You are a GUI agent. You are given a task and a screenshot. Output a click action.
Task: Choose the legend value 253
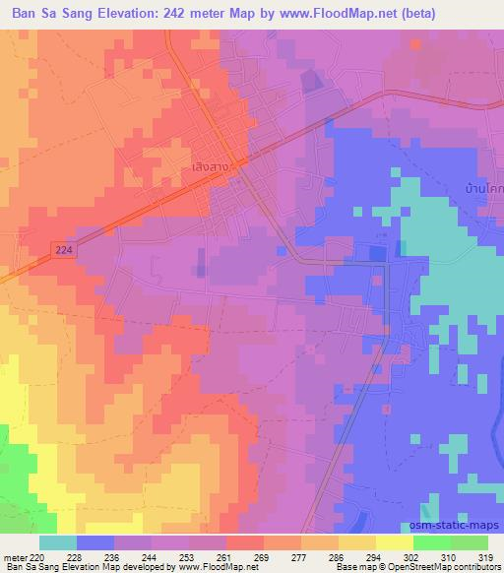click(x=189, y=556)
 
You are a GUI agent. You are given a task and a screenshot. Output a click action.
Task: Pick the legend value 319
click(x=488, y=556)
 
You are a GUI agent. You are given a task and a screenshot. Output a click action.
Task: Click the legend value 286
click(x=339, y=556)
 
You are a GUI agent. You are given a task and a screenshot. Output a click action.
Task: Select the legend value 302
click(x=413, y=556)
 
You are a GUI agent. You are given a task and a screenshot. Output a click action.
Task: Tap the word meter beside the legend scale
click(x=15, y=556)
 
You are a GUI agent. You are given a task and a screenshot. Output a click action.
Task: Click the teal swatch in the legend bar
click(x=57, y=542)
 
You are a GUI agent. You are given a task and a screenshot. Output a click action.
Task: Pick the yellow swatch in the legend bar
click(x=394, y=542)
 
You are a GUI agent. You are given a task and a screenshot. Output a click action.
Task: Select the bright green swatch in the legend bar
click(x=431, y=542)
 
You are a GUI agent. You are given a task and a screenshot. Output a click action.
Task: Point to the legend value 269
click(x=264, y=556)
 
